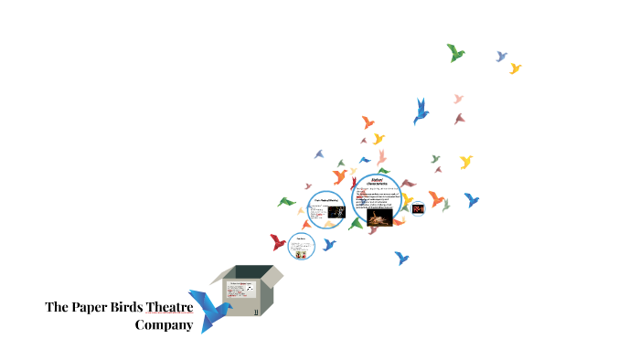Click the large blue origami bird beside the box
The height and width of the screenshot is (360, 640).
209,310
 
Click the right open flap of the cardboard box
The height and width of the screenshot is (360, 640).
272,275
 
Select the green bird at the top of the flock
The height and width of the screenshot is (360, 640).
455,52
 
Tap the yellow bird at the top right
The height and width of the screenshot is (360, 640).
515,69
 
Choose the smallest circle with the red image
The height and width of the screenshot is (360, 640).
419,208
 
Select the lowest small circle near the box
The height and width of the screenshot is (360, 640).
301,245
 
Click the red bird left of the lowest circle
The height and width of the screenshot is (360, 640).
278,242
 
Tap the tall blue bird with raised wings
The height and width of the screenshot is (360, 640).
421,111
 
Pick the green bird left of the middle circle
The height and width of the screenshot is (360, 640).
287,201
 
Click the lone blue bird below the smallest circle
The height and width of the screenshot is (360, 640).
401,259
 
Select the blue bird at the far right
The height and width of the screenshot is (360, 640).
472,199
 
